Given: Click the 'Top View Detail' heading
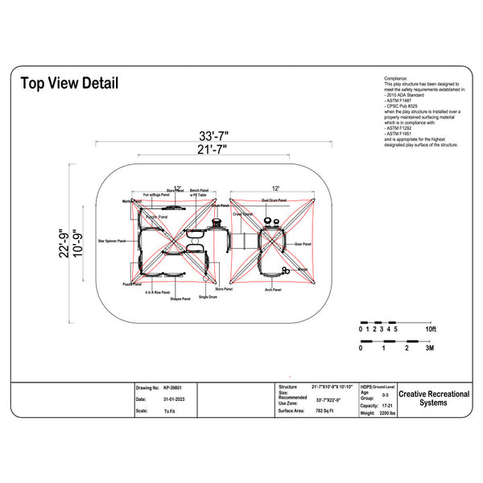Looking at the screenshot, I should [69, 83].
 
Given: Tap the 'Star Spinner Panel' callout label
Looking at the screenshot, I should [112, 241].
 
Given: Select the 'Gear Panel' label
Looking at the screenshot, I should [303, 243].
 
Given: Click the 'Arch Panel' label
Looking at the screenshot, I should [272, 288].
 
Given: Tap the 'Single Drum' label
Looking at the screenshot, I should [208, 297].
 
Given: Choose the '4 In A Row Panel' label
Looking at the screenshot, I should [159, 292].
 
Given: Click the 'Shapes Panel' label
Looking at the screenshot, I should [180, 299].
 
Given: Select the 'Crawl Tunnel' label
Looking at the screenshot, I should [243, 214].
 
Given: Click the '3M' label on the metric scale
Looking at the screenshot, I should [430, 349].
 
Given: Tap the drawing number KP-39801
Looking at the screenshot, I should [172, 387].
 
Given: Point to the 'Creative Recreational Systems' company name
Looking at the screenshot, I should [434, 398].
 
